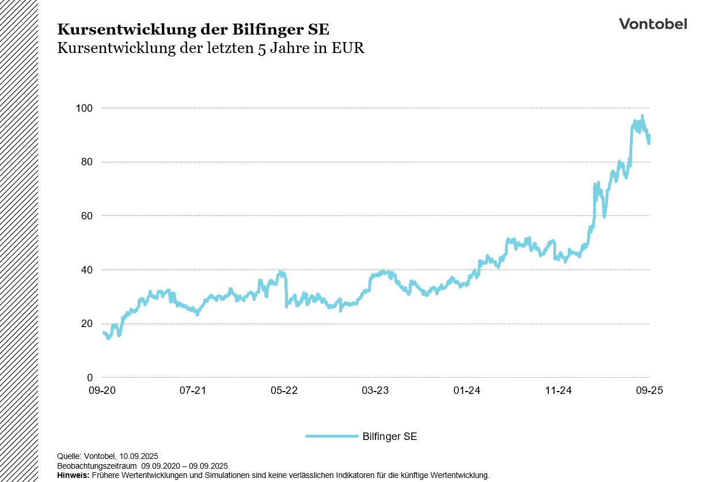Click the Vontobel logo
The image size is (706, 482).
652,24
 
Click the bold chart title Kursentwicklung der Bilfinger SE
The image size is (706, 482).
193,29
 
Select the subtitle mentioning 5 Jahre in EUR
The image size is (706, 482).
211,48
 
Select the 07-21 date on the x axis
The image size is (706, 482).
193,390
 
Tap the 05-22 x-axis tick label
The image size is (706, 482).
284,390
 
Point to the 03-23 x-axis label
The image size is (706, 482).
375,390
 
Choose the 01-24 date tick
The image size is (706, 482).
466,390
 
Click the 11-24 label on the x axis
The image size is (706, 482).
558,390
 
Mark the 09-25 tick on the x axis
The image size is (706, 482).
650,390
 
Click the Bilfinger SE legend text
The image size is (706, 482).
389,437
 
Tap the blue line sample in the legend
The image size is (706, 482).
331,437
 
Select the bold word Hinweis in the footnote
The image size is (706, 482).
73,475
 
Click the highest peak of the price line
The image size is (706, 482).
642,116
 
